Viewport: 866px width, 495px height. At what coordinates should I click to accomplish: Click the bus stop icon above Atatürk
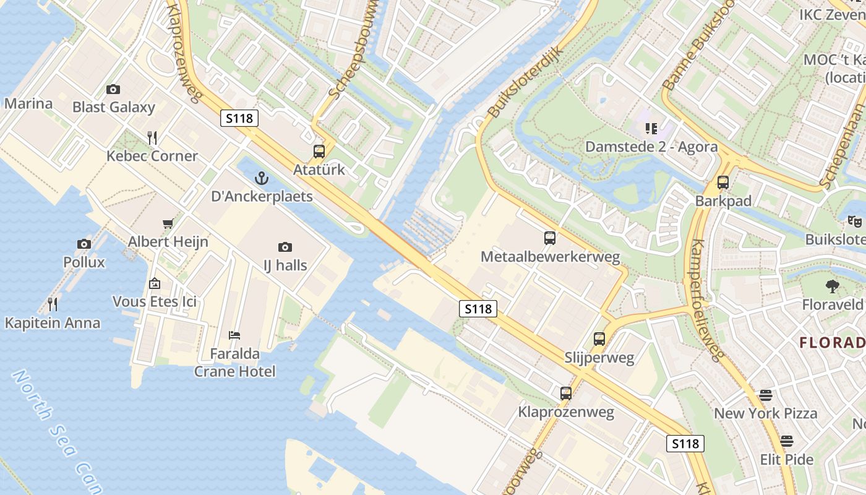[319, 151]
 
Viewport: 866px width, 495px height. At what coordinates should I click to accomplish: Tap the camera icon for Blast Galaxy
[113, 89]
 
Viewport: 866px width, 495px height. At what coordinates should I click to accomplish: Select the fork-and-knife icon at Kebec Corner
[152, 137]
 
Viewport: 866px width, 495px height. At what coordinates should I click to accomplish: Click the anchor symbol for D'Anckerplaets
[262, 179]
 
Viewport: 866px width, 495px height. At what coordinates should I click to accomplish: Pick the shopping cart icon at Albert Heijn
[168, 223]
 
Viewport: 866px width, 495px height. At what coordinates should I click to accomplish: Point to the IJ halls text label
[285, 265]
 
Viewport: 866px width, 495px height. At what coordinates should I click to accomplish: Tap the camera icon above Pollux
[84, 244]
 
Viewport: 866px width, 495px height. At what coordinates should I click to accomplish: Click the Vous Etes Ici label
[155, 301]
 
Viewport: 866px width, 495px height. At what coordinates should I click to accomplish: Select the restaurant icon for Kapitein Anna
[53, 304]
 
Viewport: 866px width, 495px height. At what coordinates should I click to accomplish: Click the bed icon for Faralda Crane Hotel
[234, 335]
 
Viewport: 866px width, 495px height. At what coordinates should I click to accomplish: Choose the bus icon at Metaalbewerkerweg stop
[550, 238]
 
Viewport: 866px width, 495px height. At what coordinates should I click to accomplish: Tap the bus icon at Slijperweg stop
[599, 339]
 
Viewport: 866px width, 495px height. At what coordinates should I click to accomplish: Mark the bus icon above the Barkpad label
[723, 183]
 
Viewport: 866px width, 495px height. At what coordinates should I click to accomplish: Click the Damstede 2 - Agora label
[651, 147]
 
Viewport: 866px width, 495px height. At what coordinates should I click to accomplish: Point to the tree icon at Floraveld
[833, 286]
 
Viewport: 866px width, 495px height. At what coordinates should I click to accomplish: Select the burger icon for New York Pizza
[766, 395]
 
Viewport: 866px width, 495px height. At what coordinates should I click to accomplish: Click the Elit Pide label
[786, 460]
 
